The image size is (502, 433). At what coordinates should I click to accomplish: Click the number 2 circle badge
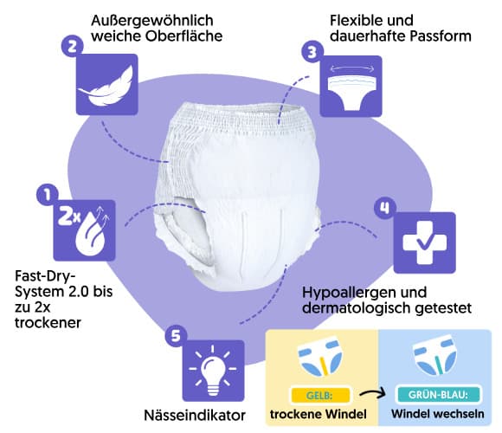73,47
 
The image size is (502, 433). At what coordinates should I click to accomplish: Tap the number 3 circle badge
312,52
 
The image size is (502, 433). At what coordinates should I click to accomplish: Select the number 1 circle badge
48,195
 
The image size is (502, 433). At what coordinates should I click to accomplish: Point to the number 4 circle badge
385,209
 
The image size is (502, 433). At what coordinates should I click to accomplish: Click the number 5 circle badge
176,336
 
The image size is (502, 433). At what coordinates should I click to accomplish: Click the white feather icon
106,85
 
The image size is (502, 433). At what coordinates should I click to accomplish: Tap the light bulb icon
213,371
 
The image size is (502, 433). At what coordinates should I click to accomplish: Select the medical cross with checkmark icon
424,242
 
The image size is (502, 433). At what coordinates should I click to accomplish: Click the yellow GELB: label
320,395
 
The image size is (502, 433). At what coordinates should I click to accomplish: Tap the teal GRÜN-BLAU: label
438,395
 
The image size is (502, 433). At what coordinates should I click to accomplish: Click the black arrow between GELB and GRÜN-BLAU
372,393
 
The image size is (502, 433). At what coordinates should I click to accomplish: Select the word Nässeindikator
195,416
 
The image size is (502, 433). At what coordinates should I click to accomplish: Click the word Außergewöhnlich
152,21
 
